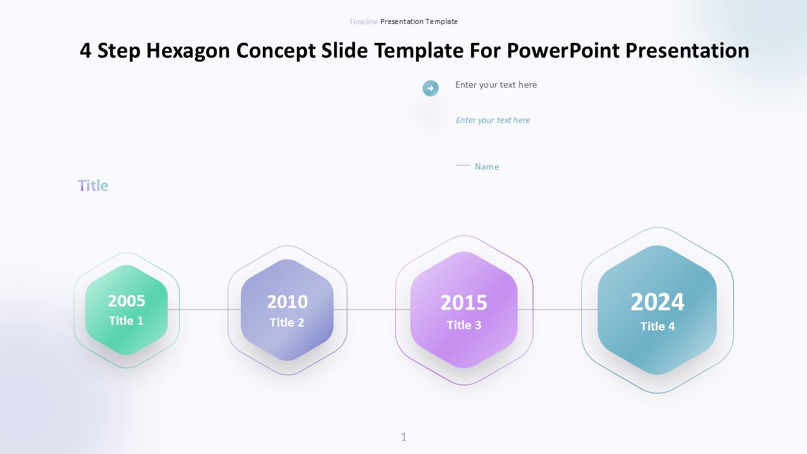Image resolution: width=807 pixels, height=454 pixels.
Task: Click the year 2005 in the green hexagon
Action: [x=127, y=301]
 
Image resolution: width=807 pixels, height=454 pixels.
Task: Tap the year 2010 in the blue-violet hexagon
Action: [x=287, y=302]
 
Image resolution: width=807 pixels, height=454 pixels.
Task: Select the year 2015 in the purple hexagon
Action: [x=463, y=303]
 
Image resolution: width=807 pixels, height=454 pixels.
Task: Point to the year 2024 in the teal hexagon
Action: [x=657, y=302]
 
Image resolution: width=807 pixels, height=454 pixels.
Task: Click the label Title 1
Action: [x=126, y=321]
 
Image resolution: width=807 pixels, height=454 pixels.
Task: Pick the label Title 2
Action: [x=287, y=322]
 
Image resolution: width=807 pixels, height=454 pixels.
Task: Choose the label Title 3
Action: [x=464, y=325]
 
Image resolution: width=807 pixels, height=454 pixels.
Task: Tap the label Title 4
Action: [x=658, y=326]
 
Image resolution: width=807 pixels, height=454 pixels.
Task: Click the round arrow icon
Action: [x=431, y=88]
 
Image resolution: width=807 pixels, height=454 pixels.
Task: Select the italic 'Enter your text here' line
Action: [x=493, y=120]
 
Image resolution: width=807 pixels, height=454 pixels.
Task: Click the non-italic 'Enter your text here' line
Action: [x=496, y=84]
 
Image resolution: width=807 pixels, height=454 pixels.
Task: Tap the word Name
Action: [x=487, y=166]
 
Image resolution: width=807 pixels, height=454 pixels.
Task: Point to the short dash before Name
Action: [x=463, y=165]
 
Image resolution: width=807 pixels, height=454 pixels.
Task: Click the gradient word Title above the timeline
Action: [x=93, y=185]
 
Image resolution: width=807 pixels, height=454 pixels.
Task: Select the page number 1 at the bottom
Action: [x=404, y=437]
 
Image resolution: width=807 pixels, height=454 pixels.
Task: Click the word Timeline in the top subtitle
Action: [x=363, y=21]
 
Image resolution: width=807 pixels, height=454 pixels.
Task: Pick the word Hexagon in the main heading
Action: [x=188, y=50]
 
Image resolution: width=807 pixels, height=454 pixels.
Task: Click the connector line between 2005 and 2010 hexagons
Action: [x=204, y=310]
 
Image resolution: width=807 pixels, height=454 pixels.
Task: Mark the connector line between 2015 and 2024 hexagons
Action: [x=558, y=310]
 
